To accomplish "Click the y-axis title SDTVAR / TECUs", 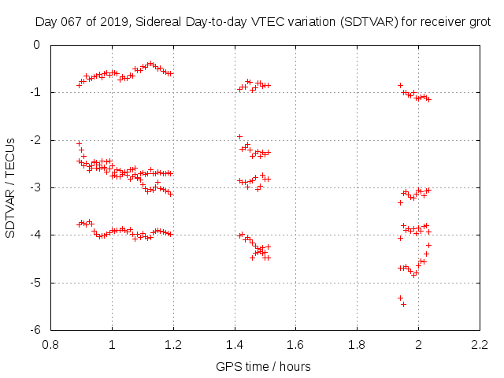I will tap(11, 187).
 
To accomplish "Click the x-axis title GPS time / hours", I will tap(263, 366).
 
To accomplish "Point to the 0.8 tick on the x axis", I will tap(50, 344).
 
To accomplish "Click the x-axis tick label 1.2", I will tap(173, 344).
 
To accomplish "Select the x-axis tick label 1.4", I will tap(235, 344).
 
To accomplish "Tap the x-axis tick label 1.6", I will tap(296, 344).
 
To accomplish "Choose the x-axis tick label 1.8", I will tap(358, 344).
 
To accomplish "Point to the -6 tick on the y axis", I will tap(35, 330).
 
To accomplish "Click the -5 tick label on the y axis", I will tap(35, 283).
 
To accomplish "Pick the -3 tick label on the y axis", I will tap(35, 187).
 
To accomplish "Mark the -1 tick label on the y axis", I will tap(35, 92).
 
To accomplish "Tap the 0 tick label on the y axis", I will tap(38, 45).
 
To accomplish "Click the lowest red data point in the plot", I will tap(404, 304).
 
